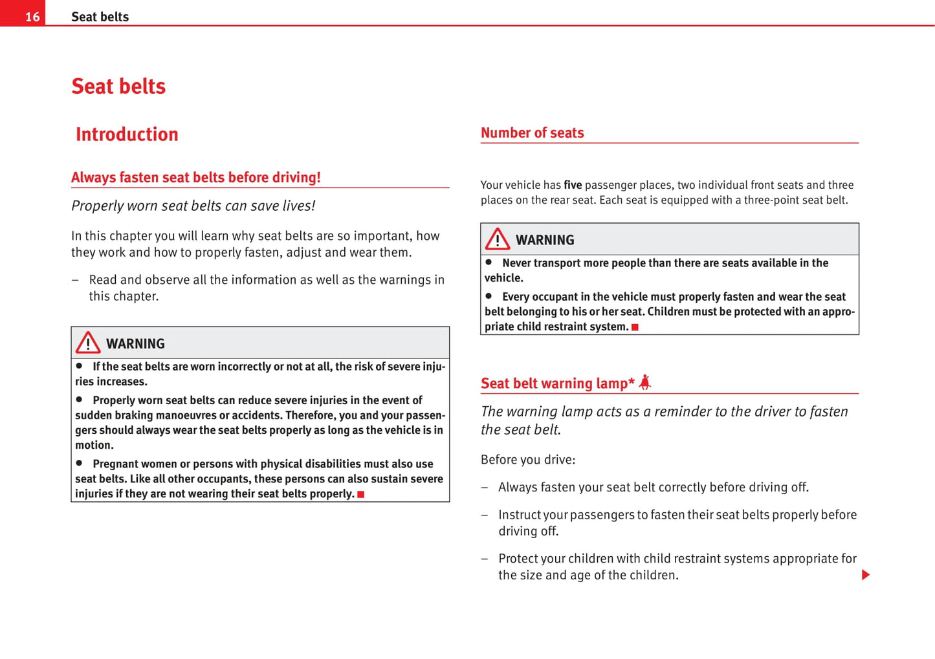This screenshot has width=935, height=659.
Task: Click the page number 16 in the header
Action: tap(32, 17)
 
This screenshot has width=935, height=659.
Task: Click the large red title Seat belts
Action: tap(118, 86)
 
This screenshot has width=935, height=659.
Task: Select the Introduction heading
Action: tap(127, 134)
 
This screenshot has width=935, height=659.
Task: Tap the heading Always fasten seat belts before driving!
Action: tap(195, 177)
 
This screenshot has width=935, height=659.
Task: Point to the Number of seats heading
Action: tap(532, 133)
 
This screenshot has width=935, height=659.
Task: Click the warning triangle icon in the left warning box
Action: tap(88, 343)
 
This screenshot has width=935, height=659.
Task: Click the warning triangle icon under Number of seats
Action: tap(498, 239)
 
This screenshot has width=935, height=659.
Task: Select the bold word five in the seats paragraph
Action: tap(573, 185)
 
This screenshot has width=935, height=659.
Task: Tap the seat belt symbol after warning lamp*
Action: tap(644, 383)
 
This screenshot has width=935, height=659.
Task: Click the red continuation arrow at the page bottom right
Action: tap(865, 575)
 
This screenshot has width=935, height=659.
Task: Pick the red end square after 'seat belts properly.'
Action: tap(361, 495)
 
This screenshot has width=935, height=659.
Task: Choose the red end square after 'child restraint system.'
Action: tap(635, 327)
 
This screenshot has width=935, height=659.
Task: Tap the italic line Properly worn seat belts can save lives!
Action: tap(193, 206)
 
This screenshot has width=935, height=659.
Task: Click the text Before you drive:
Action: tap(527, 460)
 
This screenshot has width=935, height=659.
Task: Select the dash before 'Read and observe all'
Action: tap(75, 280)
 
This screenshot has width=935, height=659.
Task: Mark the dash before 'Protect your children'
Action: tap(484, 559)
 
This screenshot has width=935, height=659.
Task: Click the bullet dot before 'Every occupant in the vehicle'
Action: tap(489, 296)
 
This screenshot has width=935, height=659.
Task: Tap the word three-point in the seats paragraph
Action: tap(773, 200)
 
